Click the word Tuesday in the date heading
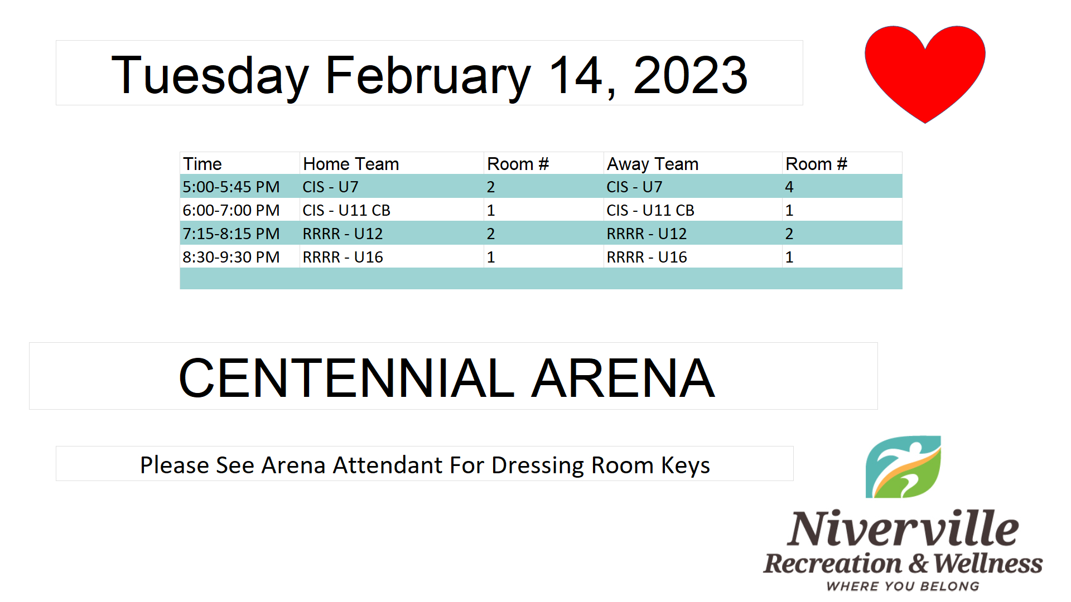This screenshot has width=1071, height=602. coord(210,76)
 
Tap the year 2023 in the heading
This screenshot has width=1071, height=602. coord(691,75)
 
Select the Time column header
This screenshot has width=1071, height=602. coord(202,164)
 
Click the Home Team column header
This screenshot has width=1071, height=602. coord(351,164)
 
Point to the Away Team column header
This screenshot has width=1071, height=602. coord(653,164)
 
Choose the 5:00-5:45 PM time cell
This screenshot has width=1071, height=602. coord(231,187)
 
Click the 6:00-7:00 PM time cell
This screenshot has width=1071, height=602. coord(231,210)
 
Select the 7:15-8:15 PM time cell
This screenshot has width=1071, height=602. coord(231,234)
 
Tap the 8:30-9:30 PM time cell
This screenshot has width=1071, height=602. coord(231,257)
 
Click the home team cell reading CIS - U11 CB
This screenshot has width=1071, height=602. coord(346,210)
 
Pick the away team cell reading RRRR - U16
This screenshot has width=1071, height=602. coord(647,257)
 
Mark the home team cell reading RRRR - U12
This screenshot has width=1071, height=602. coord(342,234)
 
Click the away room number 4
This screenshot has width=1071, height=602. coord(789,187)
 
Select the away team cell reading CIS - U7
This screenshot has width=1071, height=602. coord(634,187)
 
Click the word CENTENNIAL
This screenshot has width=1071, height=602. coord(346,378)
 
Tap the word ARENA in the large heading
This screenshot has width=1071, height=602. coord(623,378)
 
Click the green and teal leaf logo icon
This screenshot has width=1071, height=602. coord(903,467)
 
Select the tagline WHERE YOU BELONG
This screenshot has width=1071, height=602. coord(903,586)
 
